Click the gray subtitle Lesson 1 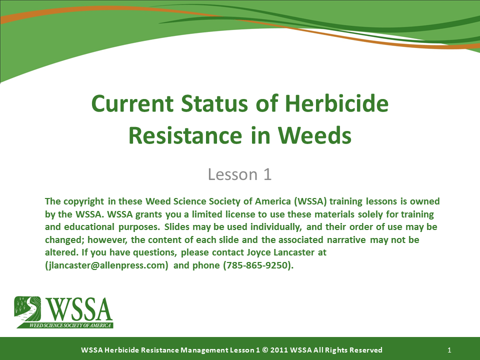(x=239, y=174)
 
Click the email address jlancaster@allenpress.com (x=106, y=265)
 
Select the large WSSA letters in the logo (x=79, y=309)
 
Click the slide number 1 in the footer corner (x=450, y=350)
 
